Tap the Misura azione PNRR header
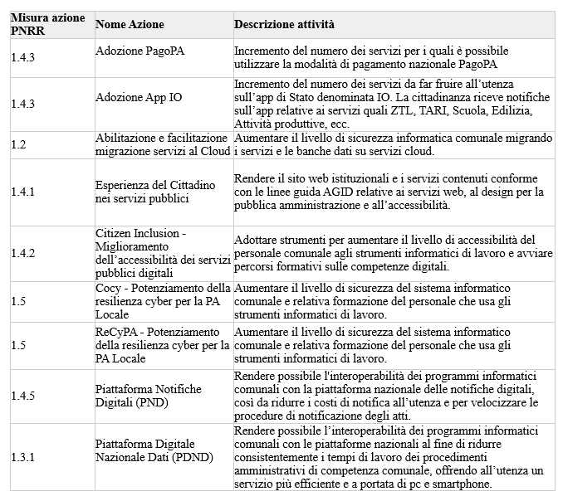coord(47,24)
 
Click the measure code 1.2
coord(19,144)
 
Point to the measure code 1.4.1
coord(23,192)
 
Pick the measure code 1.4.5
coord(23,397)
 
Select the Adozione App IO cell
coord(139,98)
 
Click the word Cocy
coord(109,287)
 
